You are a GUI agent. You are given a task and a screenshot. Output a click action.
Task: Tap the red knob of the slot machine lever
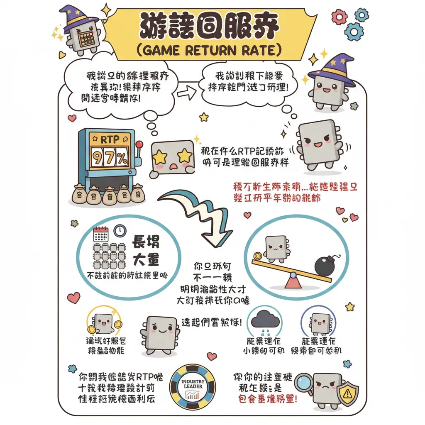point(139,144)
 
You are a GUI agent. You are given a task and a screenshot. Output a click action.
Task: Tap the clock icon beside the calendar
point(120,230)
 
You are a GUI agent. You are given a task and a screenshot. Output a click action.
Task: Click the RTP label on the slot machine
point(110,139)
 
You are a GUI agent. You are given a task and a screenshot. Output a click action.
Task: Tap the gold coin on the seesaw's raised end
point(257,256)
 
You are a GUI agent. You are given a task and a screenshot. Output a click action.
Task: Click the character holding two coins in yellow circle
point(103,323)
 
